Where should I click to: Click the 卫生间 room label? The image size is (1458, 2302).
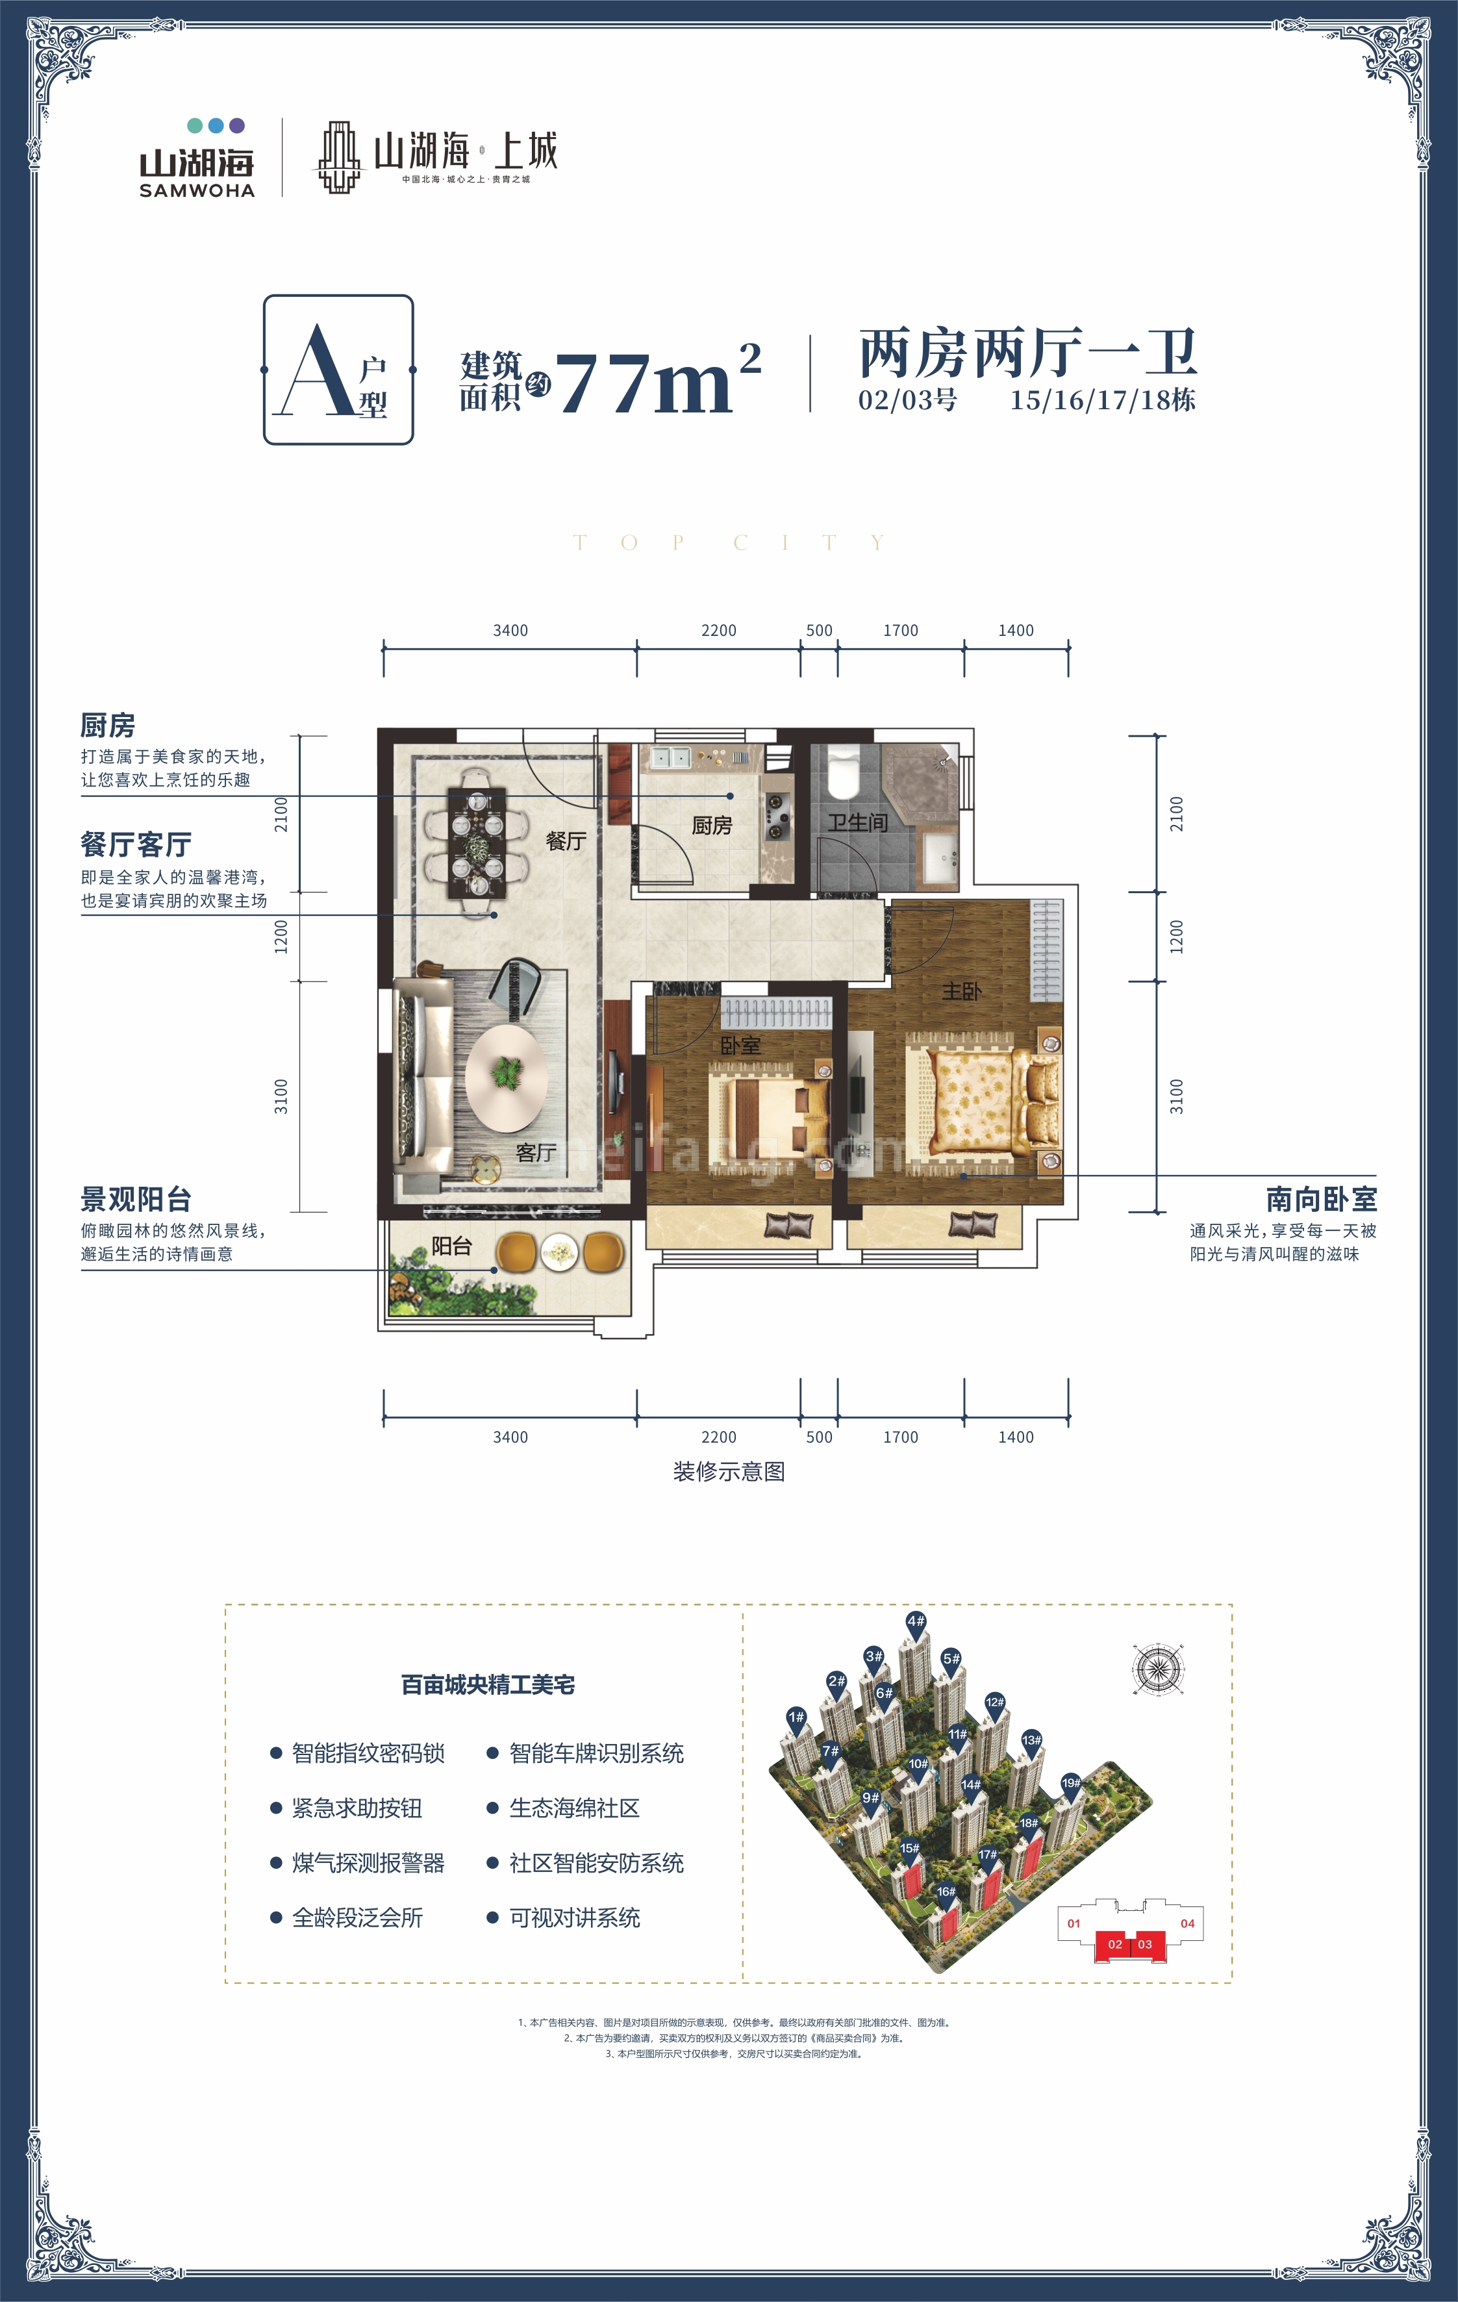858,822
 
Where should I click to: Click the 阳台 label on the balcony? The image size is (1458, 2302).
451,1246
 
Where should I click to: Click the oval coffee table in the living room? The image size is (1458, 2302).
506,1078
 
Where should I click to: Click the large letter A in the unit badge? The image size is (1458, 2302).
316,373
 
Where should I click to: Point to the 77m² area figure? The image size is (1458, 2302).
658,381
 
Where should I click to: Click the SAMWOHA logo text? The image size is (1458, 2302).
197,190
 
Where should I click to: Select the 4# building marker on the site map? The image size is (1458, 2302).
916,1621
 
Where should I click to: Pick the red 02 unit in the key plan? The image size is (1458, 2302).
1115,1943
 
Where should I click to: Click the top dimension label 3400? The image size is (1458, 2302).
510,631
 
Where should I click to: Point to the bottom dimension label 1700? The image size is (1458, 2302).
901,1437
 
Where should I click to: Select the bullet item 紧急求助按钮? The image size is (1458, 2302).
357,1808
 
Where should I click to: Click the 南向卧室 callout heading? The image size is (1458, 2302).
1321,1199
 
